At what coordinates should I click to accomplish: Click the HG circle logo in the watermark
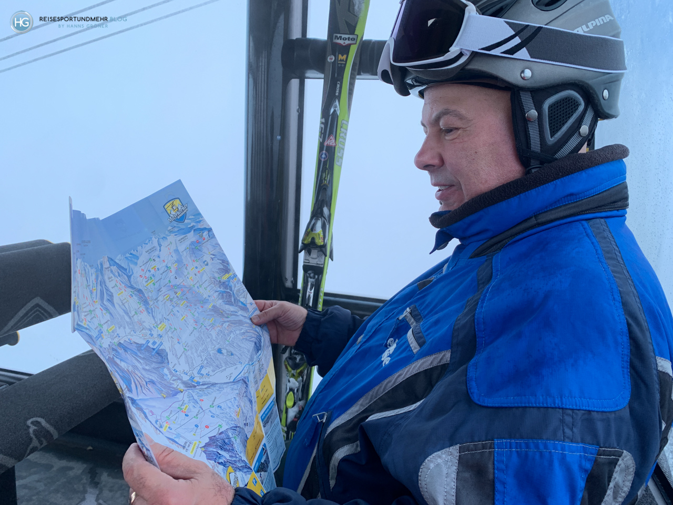tap(21, 22)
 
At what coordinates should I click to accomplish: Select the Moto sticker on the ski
tap(344, 38)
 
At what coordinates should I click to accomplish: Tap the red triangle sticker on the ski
tap(331, 140)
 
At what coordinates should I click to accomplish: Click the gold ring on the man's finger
tap(132, 496)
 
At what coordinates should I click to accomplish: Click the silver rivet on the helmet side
tap(526, 74)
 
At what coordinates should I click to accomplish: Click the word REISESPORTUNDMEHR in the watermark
tap(74, 19)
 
